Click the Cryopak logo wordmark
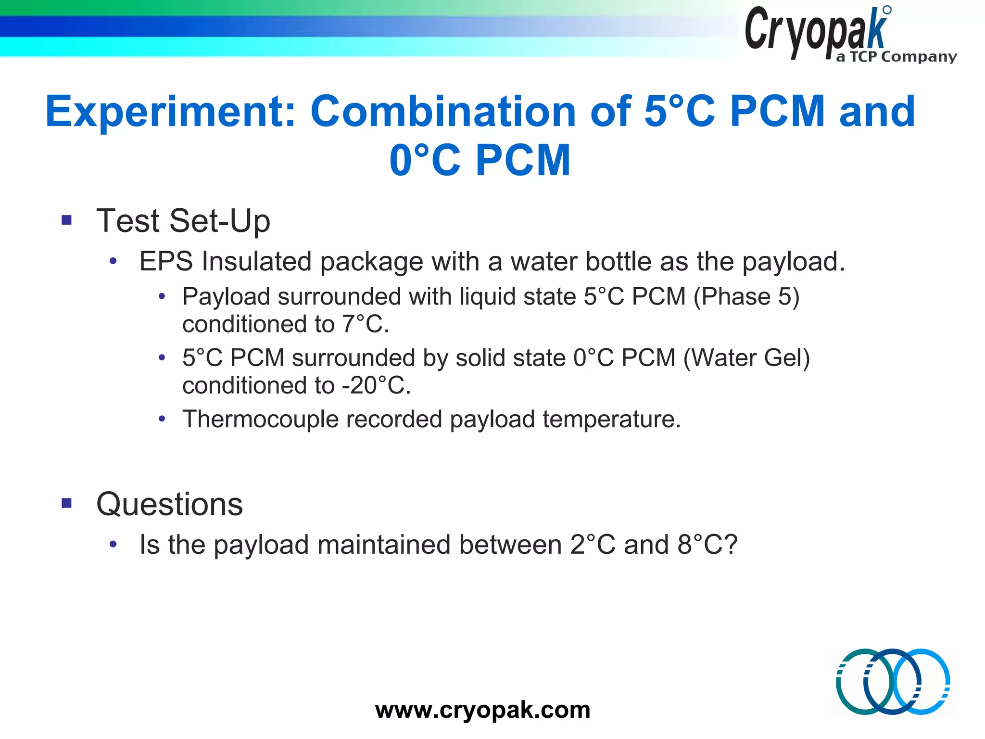coord(815,31)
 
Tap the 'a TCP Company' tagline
coord(896,57)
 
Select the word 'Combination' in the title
coord(443,112)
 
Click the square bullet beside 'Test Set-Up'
coord(66,220)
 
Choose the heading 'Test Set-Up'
coord(183,221)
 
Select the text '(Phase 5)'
coord(746,296)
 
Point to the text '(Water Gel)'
coord(746,358)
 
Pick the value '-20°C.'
coord(377,385)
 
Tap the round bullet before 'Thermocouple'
coord(162,419)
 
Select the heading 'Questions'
coord(170,504)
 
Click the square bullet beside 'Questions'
coord(66,504)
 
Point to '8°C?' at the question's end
coord(707,545)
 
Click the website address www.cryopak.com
coord(482,710)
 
